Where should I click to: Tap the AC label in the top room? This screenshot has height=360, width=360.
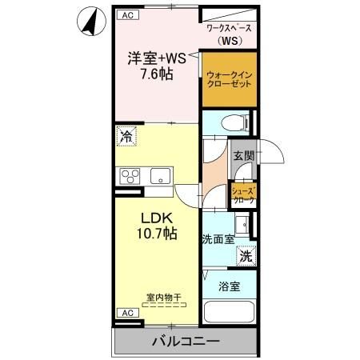point(126,14)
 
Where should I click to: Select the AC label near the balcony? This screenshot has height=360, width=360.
point(126,312)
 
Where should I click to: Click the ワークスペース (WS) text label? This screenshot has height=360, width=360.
point(229,34)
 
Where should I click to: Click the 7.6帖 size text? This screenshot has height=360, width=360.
point(157,74)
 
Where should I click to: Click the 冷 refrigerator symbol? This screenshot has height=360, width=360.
point(126,138)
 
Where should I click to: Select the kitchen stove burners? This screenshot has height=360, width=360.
point(130,176)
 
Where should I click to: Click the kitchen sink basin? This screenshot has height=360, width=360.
point(160,176)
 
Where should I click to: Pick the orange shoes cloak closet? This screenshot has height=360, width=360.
point(243,194)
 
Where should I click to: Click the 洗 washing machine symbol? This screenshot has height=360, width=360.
point(246,257)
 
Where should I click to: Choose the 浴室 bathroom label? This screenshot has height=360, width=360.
point(230,286)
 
